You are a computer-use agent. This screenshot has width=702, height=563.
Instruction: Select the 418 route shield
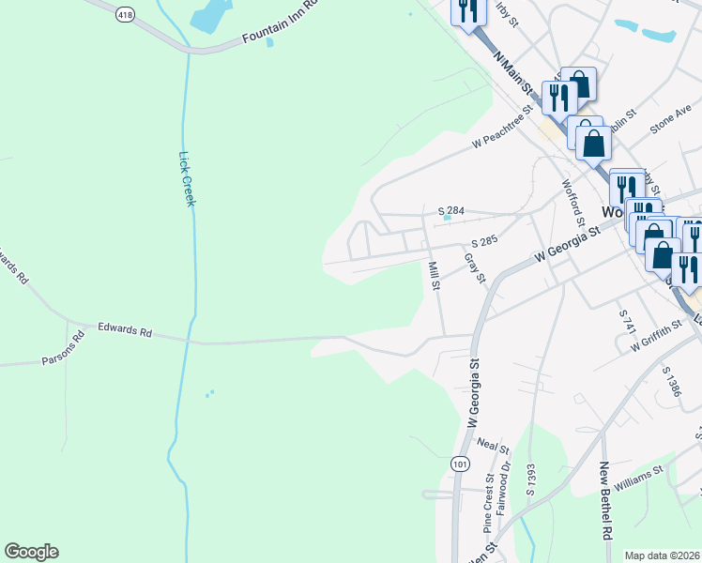click(x=125, y=16)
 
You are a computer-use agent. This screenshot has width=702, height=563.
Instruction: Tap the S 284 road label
click(x=451, y=211)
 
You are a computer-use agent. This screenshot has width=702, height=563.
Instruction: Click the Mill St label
click(x=434, y=276)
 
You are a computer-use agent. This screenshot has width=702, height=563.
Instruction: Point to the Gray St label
click(x=475, y=266)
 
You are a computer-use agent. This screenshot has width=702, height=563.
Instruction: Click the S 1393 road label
click(x=530, y=479)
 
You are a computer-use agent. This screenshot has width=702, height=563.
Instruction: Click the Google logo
click(x=31, y=552)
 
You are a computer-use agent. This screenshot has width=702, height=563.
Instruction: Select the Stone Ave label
click(x=669, y=120)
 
